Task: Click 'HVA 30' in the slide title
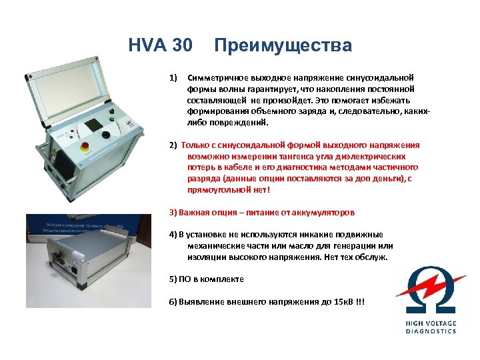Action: coord(160,46)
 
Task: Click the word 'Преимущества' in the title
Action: coord(283,46)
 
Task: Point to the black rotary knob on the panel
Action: coord(106,135)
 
